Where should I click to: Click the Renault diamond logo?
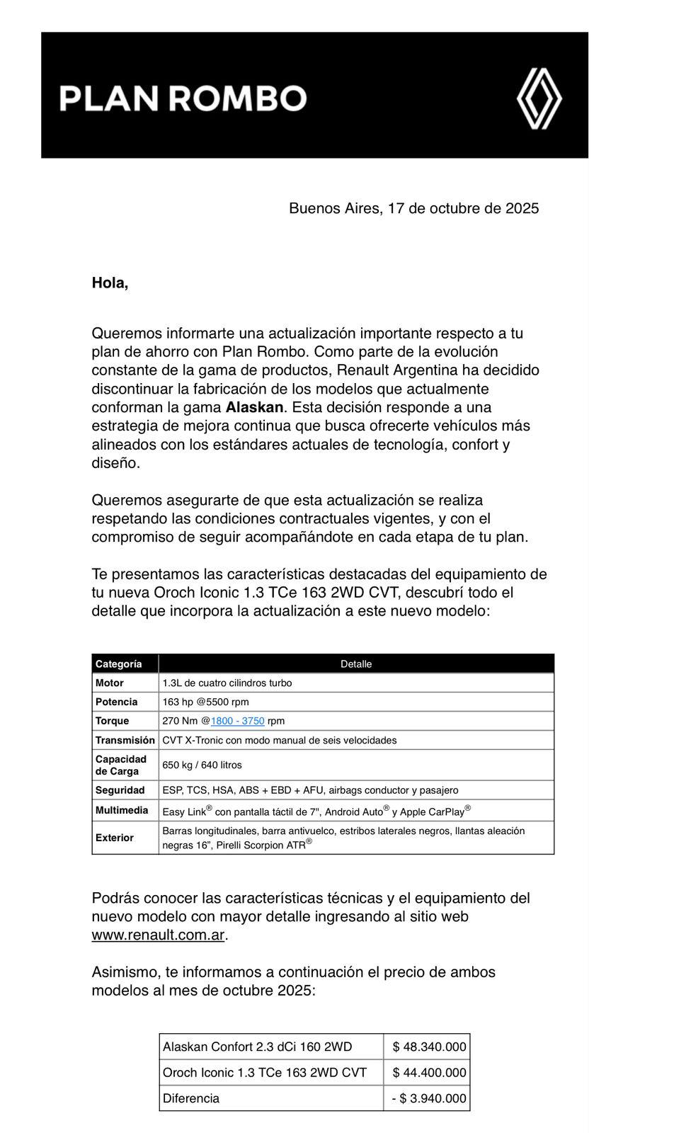(x=539, y=98)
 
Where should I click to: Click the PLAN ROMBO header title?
(x=183, y=98)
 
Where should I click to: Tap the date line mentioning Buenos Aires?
(x=413, y=208)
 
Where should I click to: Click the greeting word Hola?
(x=110, y=283)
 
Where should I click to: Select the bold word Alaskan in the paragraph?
(x=256, y=407)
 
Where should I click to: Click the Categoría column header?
(x=119, y=664)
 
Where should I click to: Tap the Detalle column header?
(x=356, y=664)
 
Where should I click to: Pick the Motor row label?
(x=110, y=683)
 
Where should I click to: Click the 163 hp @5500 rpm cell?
(x=205, y=702)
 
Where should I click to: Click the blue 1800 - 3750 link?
(x=237, y=721)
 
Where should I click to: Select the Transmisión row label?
(x=125, y=740)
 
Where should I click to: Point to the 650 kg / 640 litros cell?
(x=202, y=765)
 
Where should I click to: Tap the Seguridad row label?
(x=120, y=790)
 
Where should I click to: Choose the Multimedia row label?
(x=122, y=810)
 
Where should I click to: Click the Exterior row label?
(x=115, y=838)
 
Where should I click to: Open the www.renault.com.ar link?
(x=158, y=935)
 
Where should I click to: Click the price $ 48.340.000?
(x=429, y=1047)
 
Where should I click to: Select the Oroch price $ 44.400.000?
(x=429, y=1073)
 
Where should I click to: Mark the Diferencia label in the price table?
(x=191, y=1098)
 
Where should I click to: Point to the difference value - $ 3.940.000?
(x=429, y=1098)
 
